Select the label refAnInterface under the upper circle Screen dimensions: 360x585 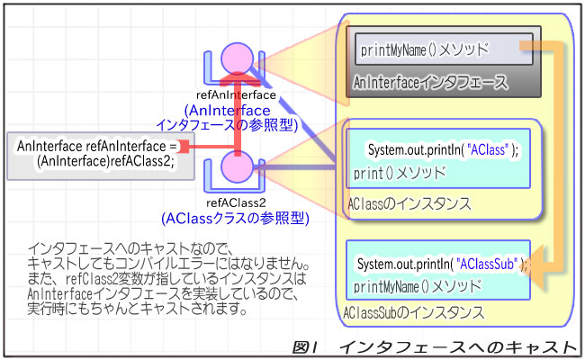[238, 94]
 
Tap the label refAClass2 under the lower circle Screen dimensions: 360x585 [237, 203]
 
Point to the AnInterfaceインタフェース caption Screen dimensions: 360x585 [429, 83]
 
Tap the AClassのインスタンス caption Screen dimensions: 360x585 [409, 203]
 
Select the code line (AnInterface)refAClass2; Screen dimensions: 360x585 [104, 162]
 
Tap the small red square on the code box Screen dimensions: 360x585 [183, 146]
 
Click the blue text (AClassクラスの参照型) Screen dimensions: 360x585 [234, 218]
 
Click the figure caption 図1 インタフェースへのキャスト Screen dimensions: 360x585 [435, 346]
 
